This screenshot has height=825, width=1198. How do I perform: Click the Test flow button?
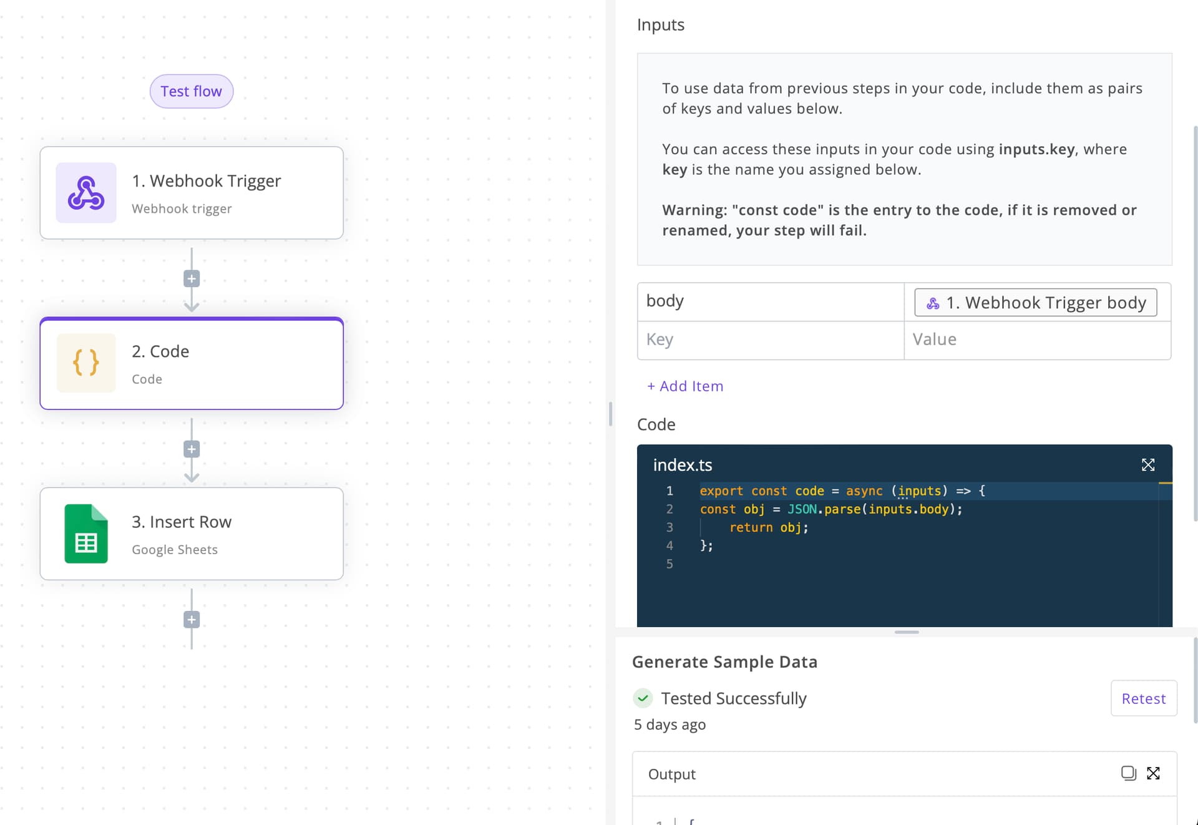click(x=192, y=91)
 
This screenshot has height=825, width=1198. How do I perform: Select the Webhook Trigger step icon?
click(x=86, y=193)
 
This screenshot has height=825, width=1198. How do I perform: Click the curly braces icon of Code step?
click(x=86, y=363)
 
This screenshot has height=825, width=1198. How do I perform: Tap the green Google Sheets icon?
click(x=86, y=534)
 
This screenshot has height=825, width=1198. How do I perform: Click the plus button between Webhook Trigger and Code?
click(x=192, y=279)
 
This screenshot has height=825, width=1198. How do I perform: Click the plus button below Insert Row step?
click(x=192, y=620)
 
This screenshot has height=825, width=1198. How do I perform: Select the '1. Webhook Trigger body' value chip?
click(x=1036, y=303)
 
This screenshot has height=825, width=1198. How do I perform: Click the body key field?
click(x=771, y=302)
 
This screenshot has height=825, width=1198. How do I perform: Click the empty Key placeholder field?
click(x=771, y=340)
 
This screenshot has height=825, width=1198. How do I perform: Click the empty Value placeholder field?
click(x=1038, y=340)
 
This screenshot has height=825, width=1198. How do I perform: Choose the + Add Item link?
click(x=685, y=386)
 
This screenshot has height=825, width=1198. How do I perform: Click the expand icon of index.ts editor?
click(x=1148, y=465)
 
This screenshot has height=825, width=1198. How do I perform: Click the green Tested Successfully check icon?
click(x=643, y=698)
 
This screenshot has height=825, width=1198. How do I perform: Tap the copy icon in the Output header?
click(x=1129, y=774)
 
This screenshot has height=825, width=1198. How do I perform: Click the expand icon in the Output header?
click(x=1154, y=774)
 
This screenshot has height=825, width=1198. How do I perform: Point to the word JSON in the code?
click(x=802, y=509)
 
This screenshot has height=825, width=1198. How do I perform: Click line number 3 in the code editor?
click(x=670, y=527)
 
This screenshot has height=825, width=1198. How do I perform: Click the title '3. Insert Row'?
click(x=182, y=522)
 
